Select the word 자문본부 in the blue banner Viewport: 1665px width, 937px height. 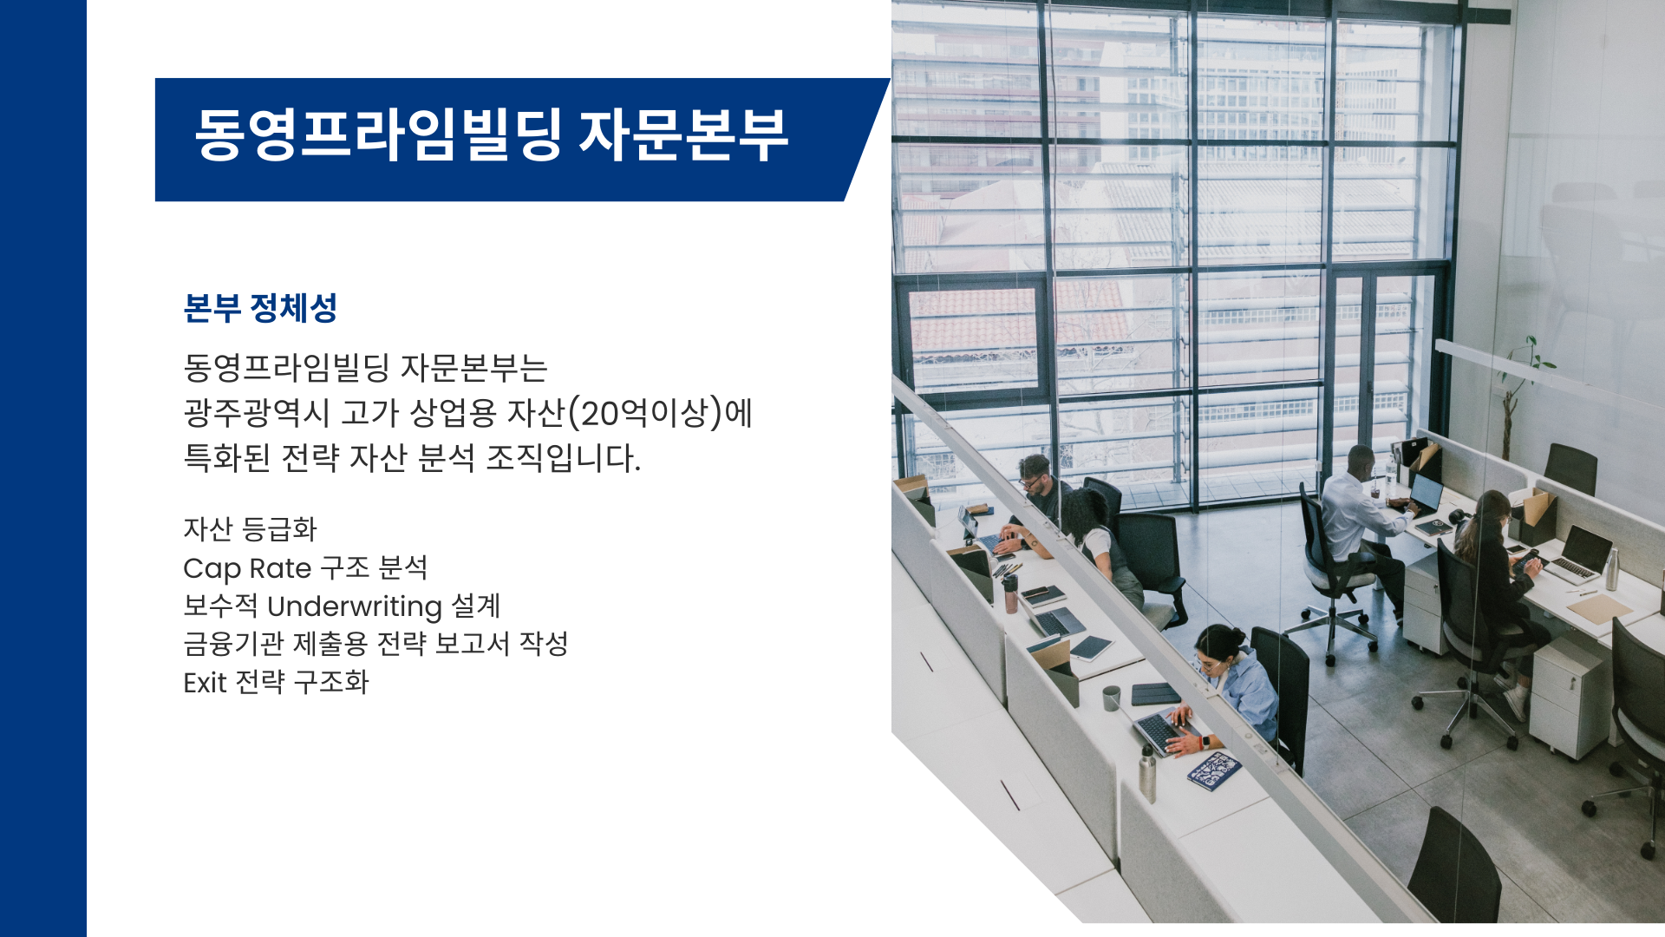[684, 134]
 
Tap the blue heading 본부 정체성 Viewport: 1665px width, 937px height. [260, 308]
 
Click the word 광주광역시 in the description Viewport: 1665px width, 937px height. [257, 412]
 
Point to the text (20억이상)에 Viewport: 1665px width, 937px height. [660, 412]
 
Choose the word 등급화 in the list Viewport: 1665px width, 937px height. [279, 529]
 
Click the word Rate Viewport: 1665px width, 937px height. [280, 568]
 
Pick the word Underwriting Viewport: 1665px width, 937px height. [355, 606]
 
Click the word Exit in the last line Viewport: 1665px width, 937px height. [205, 683]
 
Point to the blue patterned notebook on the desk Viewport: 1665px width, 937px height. [1214, 770]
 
